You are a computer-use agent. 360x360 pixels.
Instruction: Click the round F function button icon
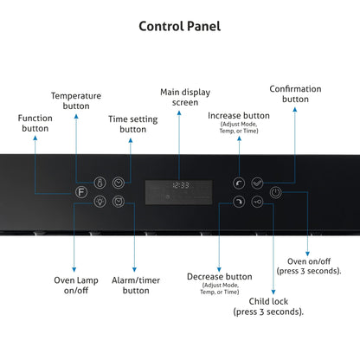point(81,192)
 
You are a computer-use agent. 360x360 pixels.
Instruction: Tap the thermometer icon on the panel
point(100,183)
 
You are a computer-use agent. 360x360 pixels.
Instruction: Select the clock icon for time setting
point(119,183)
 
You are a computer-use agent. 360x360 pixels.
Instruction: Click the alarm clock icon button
point(119,202)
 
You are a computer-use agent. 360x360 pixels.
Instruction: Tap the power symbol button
point(276,192)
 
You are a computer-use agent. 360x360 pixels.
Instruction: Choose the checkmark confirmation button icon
point(257,183)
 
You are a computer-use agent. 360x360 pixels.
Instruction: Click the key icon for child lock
point(257,202)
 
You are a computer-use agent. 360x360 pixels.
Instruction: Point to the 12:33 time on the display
point(181,185)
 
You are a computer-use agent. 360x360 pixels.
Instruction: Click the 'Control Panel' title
point(180,26)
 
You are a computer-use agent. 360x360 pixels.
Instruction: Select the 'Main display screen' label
point(185,97)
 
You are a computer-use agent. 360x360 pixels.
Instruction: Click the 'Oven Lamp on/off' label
point(76,285)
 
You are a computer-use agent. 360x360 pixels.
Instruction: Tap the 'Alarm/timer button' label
point(136,285)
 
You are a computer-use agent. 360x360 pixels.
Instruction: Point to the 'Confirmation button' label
point(295,93)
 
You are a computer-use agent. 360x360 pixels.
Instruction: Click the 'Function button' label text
point(35,123)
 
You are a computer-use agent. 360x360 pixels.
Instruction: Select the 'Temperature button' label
point(76,100)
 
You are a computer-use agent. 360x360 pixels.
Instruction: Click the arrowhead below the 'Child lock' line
point(273,292)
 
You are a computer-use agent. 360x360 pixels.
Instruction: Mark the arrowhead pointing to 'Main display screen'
point(179,113)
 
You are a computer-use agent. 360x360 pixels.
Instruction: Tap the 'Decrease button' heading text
point(220,277)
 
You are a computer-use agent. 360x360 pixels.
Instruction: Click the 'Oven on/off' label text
point(309,261)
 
